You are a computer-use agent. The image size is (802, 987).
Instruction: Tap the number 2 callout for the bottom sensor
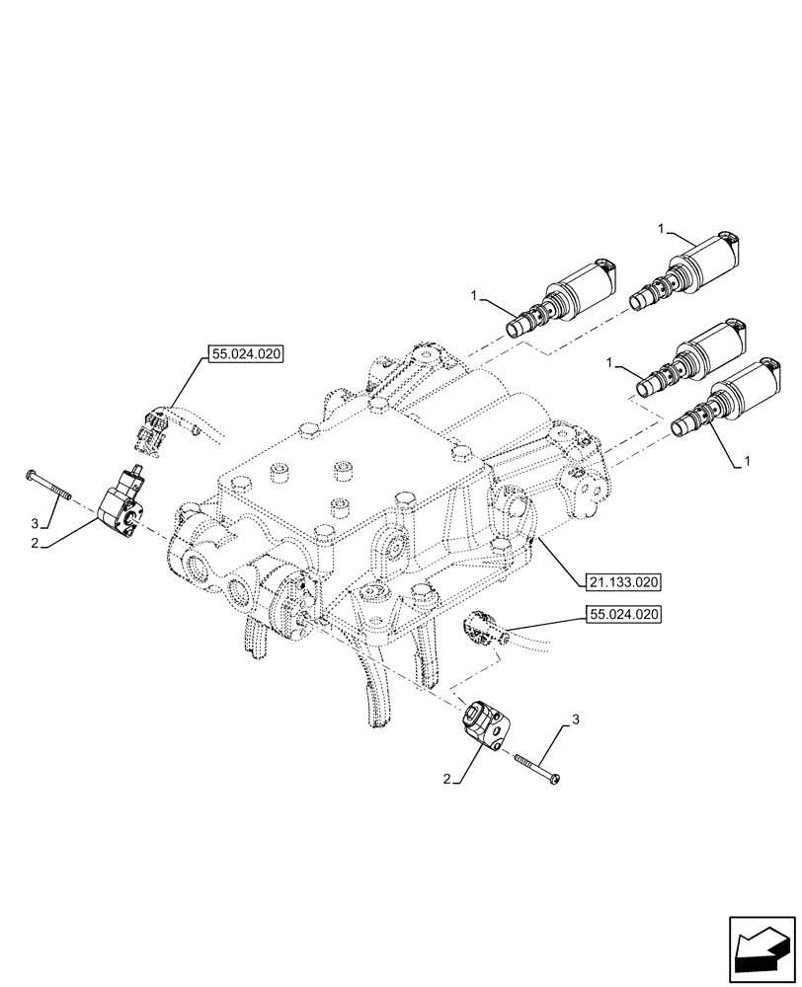point(448,781)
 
